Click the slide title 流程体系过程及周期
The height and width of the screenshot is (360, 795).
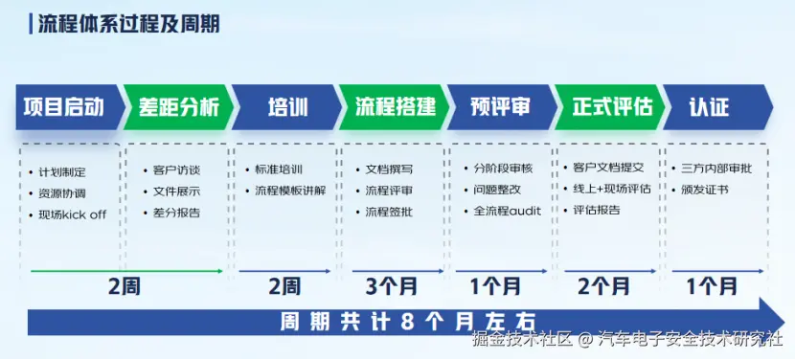pyautogui.click(x=129, y=24)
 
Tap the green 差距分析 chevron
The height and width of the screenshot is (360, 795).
pyautogui.click(x=178, y=107)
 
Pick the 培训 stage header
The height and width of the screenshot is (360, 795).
pyautogui.click(x=287, y=107)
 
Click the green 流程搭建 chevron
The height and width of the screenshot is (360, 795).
pyautogui.click(x=395, y=107)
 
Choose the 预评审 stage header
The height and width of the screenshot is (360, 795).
pyautogui.click(x=503, y=107)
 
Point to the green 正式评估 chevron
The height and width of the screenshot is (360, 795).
pyautogui.click(x=611, y=107)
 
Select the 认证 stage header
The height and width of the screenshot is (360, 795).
pyautogui.click(x=718, y=107)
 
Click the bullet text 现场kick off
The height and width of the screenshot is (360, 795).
pyautogui.click(x=73, y=214)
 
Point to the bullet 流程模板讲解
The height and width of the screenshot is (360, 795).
pyautogui.click(x=290, y=191)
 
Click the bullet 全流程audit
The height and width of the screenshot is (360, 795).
pyautogui.click(x=508, y=211)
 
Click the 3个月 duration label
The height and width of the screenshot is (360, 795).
pyautogui.click(x=392, y=287)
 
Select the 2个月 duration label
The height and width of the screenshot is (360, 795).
pyautogui.click(x=603, y=287)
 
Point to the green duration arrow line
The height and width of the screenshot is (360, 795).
pyautogui.click(x=126, y=271)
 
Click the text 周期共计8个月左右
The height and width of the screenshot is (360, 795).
pyautogui.click(x=408, y=323)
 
